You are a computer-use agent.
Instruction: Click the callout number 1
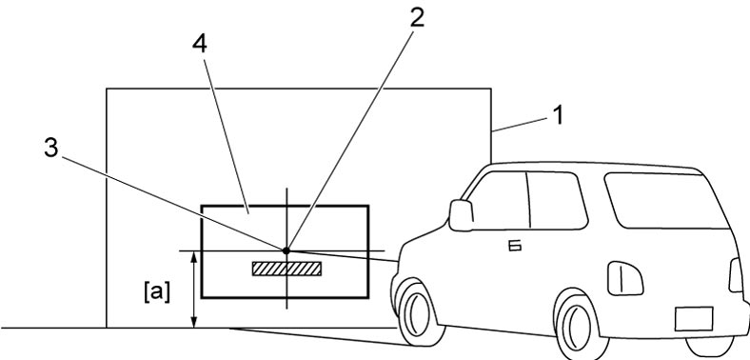[557, 115]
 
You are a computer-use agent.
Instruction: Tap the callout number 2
[417, 18]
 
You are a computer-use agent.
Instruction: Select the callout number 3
[51, 149]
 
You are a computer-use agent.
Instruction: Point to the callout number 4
[200, 44]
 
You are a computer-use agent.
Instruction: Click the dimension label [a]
[157, 292]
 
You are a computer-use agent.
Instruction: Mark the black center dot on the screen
[286, 250]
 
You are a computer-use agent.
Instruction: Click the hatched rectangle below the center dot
[287, 269]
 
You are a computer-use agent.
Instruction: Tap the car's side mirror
[461, 215]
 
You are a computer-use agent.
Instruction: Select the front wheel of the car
[417, 313]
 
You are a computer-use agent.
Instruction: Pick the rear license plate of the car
[694, 319]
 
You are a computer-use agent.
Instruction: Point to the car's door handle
[514, 246]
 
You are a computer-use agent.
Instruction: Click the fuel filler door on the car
[625, 278]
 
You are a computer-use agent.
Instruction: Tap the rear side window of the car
[665, 201]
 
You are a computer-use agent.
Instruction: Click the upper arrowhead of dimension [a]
[194, 256]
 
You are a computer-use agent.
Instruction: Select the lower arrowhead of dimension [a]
[194, 323]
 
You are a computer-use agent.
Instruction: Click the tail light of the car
[736, 275]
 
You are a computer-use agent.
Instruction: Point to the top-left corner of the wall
[107, 89]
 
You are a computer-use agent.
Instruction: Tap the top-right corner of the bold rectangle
[367, 206]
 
